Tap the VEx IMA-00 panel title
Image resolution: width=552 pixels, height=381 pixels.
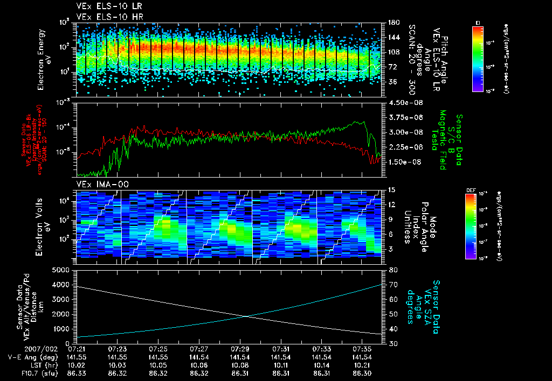[94, 185]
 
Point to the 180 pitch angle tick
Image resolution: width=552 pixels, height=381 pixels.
[392, 22]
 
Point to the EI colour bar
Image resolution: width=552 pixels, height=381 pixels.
[478, 57]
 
